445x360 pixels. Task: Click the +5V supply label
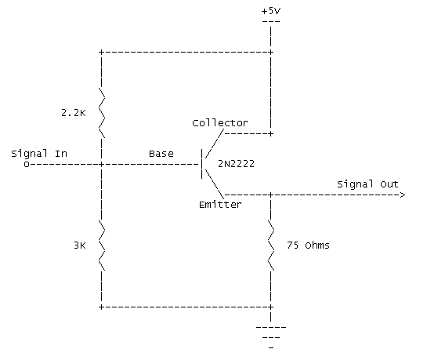(x=271, y=11)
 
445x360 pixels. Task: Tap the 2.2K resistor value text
(x=73, y=113)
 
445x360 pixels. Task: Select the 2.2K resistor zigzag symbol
(x=102, y=113)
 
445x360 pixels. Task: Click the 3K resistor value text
(x=79, y=245)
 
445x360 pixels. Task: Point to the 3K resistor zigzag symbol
(x=102, y=245)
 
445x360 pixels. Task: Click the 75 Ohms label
(x=308, y=245)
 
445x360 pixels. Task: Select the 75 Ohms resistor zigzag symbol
(x=271, y=245)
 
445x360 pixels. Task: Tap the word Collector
(x=220, y=123)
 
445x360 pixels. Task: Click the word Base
(x=161, y=154)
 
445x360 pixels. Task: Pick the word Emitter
(x=220, y=205)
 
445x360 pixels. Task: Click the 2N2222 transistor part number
(x=236, y=164)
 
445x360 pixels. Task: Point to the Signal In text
(x=39, y=154)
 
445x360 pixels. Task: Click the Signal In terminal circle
(x=27, y=164)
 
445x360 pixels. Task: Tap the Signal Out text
(x=367, y=184)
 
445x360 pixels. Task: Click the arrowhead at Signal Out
(x=403, y=195)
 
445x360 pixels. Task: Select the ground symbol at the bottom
(x=271, y=337)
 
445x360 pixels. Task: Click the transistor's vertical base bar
(x=202, y=164)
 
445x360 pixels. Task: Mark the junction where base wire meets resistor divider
(x=101, y=164)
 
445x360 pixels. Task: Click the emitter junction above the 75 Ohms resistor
(x=271, y=195)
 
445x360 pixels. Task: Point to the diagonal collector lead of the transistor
(x=215, y=144)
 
